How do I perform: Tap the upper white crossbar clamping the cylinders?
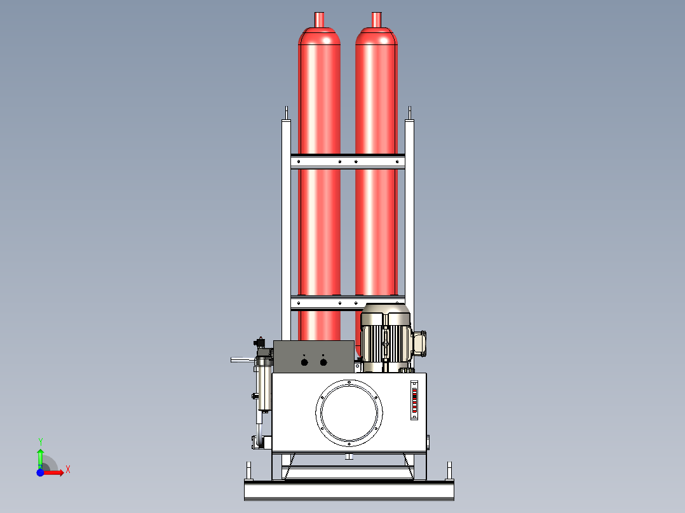pyautogui.click(x=348, y=162)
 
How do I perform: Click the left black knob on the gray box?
pyautogui.click(x=304, y=362)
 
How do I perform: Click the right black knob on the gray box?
pyautogui.click(x=323, y=362)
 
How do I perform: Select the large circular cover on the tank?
pyautogui.click(x=349, y=411)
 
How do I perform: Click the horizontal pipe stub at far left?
pyautogui.click(x=241, y=360)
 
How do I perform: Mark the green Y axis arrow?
pyautogui.click(x=40, y=456)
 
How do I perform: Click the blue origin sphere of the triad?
pyautogui.click(x=40, y=472)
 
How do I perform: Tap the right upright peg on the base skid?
pyautogui.click(x=450, y=470)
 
